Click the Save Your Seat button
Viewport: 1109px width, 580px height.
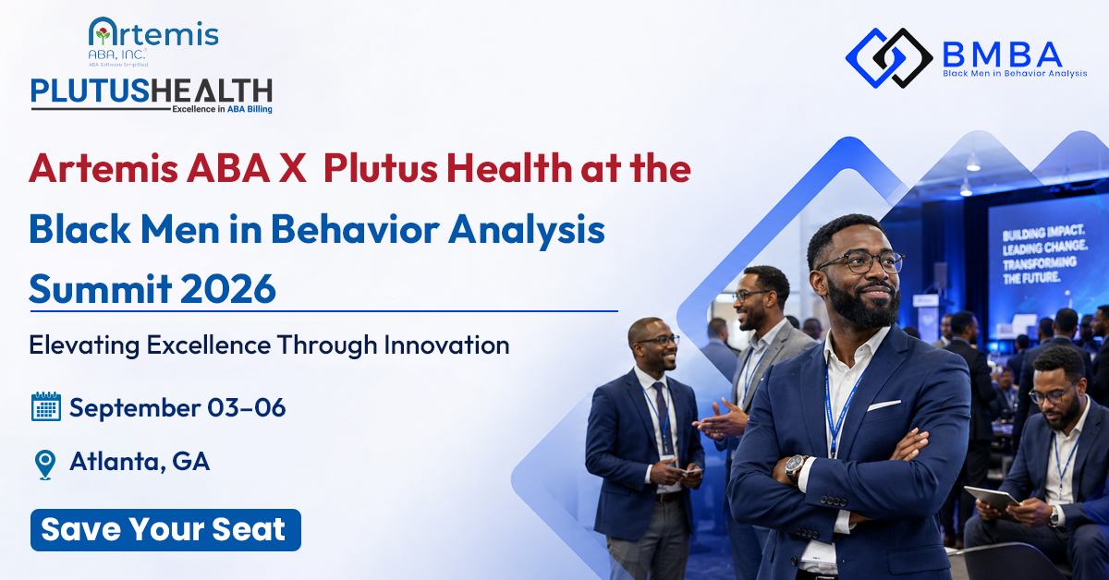(x=165, y=529)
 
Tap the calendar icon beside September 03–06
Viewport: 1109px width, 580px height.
(x=46, y=406)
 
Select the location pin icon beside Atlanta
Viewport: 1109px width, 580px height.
(x=45, y=465)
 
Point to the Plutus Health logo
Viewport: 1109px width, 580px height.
(x=152, y=95)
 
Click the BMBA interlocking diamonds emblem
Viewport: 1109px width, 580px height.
(x=889, y=58)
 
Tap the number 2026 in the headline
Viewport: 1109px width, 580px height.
(x=228, y=288)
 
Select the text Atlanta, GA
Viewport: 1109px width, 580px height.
(x=140, y=461)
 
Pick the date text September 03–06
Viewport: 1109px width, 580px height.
(x=177, y=407)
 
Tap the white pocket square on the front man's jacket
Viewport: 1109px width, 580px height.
(x=884, y=405)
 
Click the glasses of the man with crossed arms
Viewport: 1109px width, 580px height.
(x=861, y=261)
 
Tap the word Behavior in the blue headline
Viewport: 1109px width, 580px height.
(x=355, y=229)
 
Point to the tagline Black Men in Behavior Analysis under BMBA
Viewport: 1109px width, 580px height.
(x=1015, y=74)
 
